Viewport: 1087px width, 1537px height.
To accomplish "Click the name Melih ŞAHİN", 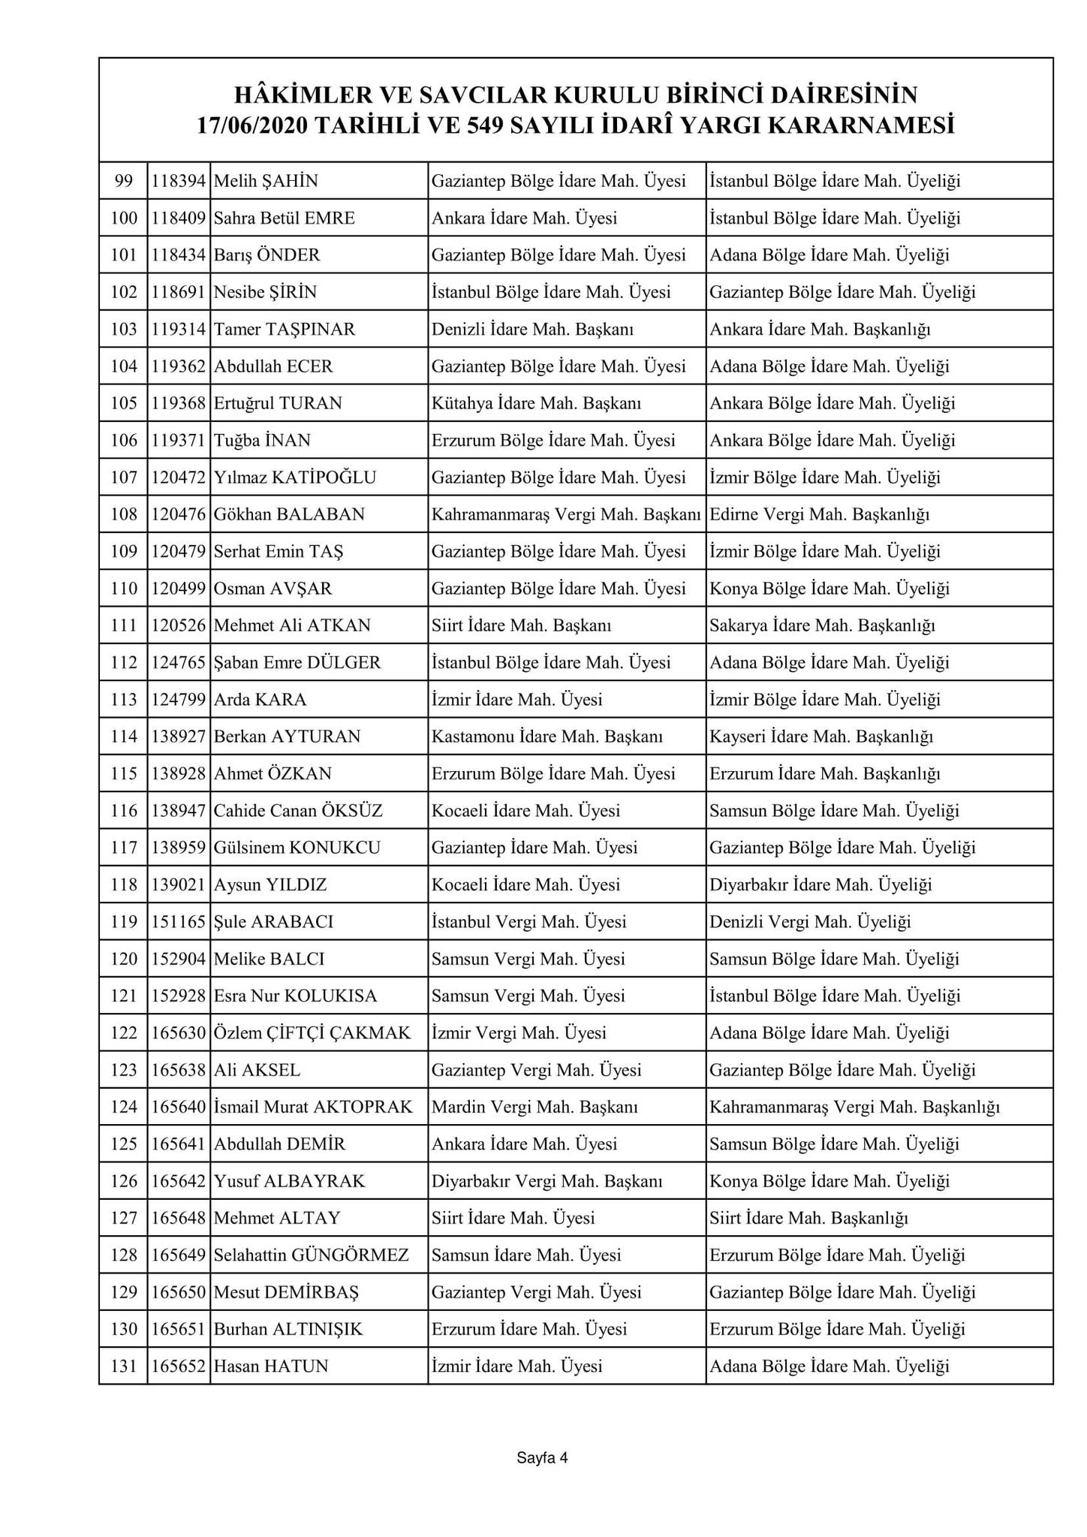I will pyautogui.click(x=266, y=181).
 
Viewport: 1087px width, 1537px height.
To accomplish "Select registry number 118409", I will pyautogui.click(x=179, y=218).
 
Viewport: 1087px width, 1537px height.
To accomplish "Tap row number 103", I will pyautogui.click(x=124, y=330).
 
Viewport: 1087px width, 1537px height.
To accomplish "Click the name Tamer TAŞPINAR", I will pyautogui.click(x=285, y=330).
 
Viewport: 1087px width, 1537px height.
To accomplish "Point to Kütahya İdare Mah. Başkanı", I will pyautogui.click(x=536, y=403).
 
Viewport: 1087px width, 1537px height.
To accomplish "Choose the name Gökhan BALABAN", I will pyautogui.click(x=289, y=514).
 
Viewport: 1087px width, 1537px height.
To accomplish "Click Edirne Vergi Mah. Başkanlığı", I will pyautogui.click(x=819, y=514).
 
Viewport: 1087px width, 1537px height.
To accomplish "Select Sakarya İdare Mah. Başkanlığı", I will pyautogui.click(x=822, y=625).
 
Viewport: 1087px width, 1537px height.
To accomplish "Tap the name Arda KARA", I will pyautogui.click(x=260, y=700).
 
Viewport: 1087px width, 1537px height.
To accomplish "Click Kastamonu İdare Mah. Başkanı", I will pyautogui.click(x=547, y=737).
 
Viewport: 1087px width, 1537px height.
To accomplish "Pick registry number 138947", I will pyautogui.click(x=179, y=811).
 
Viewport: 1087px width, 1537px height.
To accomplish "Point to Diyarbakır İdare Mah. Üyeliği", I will pyautogui.click(x=821, y=885).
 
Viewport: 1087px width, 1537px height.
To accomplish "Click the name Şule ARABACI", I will pyautogui.click(x=273, y=922).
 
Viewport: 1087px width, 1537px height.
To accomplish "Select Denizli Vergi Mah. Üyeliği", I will pyautogui.click(x=810, y=922).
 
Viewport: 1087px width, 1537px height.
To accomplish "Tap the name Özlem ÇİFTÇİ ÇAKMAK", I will pyautogui.click(x=312, y=1033).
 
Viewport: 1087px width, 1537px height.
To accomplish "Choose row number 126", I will pyautogui.click(x=124, y=1181).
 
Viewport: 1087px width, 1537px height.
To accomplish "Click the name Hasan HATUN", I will pyautogui.click(x=271, y=1367).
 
